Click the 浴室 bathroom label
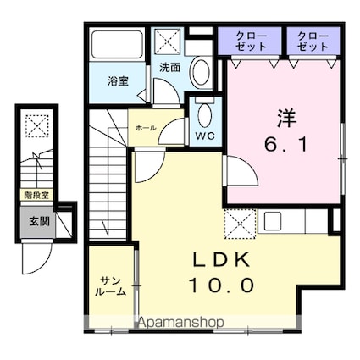pyautogui.click(x=118, y=81)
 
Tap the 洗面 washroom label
pyautogui.click(x=169, y=67)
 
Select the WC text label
pyautogui.click(x=205, y=136)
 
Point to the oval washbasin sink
pyautogui.click(x=201, y=72)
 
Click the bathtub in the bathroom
pyautogui.click(x=117, y=44)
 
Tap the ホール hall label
pyautogui.click(x=146, y=128)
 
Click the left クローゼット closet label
pyautogui.click(x=251, y=42)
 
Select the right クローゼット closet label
pyautogui.click(x=313, y=42)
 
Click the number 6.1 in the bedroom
pyautogui.click(x=285, y=144)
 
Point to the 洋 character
pyautogui.click(x=286, y=119)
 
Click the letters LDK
pyautogui.click(x=221, y=259)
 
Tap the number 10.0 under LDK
pyautogui.click(x=221, y=285)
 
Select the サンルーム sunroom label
pyautogui.click(x=110, y=286)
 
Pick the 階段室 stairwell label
pyautogui.click(x=36, y=195)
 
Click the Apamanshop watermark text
pyautogui.click(x=182, y=322)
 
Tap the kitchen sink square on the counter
pyautogui.click(x=272, y=221)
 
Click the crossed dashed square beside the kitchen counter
pyautogui.click(x=241, y=224)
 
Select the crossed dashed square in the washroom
pyautogui.click(x=168, y=42)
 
